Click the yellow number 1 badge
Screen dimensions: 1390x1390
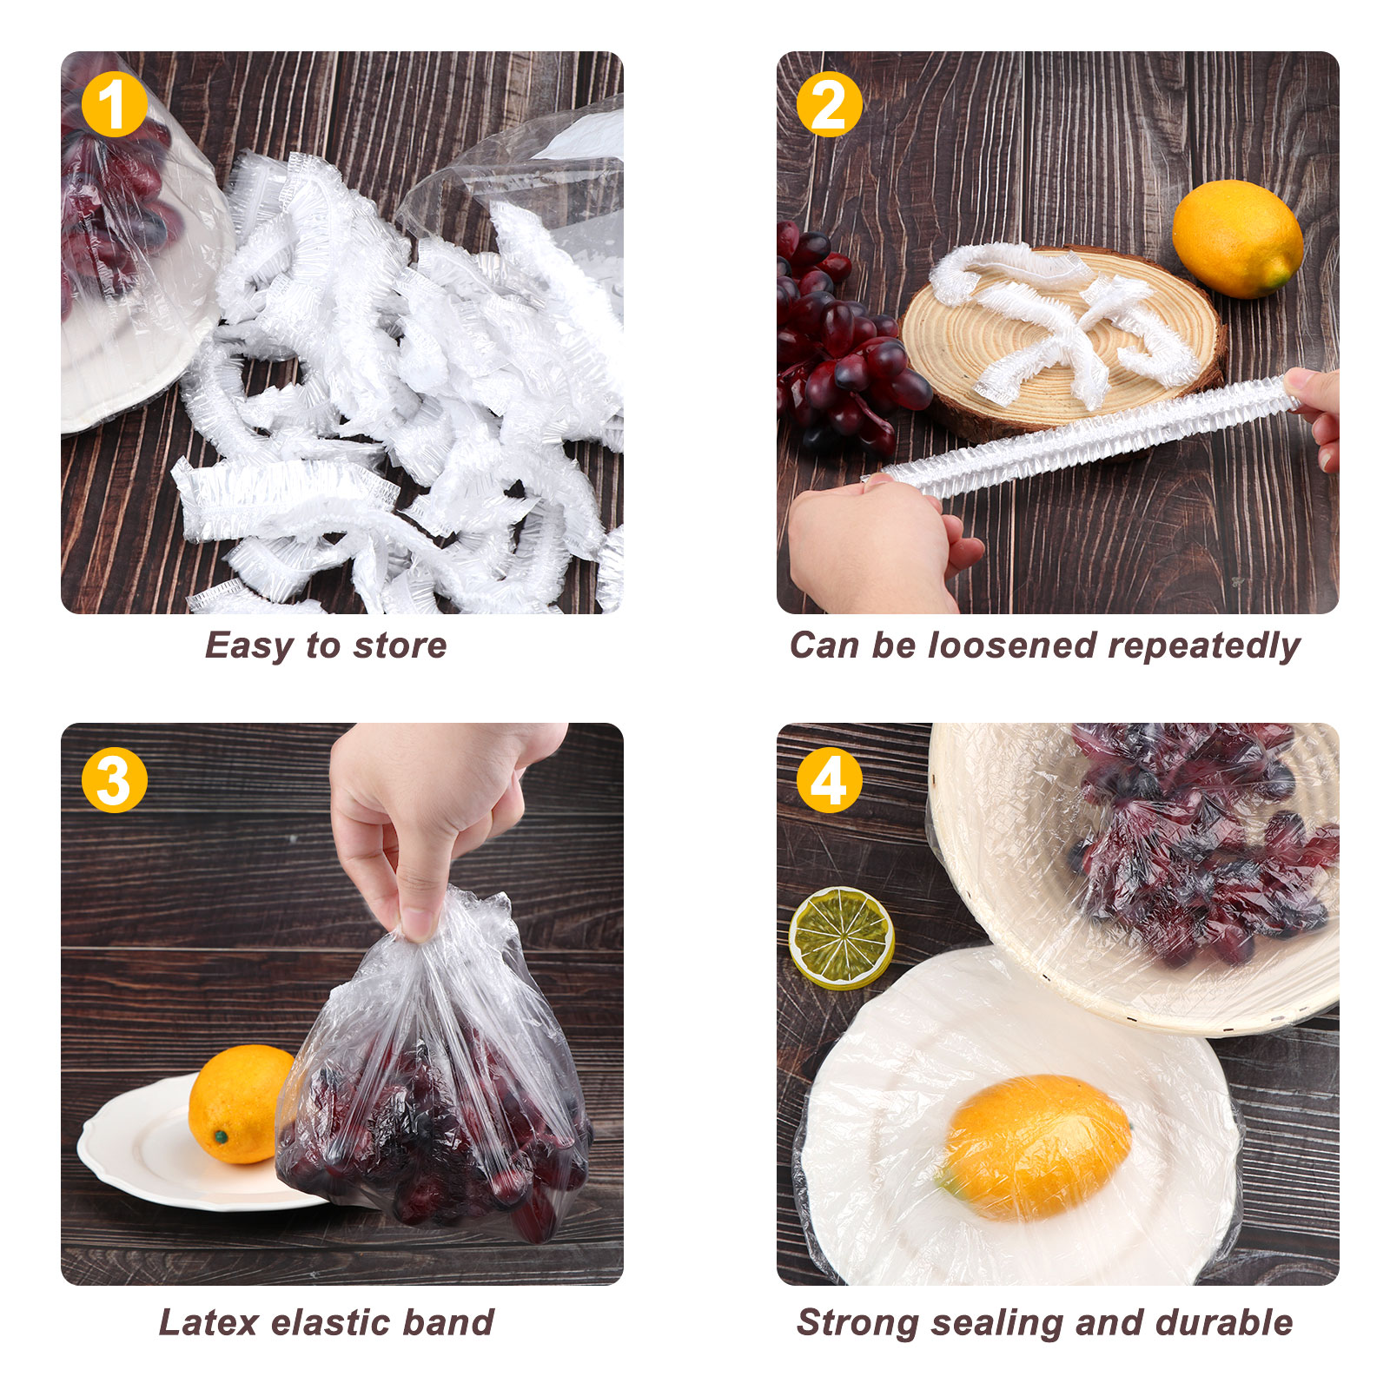114,104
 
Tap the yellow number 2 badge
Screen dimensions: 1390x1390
830,104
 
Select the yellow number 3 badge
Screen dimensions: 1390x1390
114,780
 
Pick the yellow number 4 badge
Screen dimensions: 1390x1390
830,780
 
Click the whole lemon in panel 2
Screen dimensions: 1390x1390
1237,239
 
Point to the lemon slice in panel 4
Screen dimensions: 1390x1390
841,937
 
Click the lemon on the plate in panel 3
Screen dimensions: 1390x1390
239,1103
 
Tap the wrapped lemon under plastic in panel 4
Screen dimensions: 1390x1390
1036,1147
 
